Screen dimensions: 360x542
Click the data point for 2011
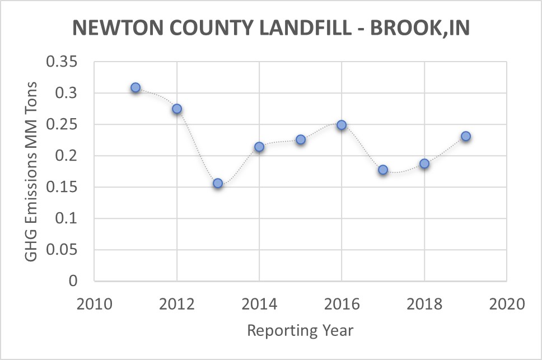tap(135, 88)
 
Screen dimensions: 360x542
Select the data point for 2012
tap(177, 109)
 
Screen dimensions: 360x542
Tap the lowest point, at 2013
tap(218, 183)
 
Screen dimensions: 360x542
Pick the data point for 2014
tap(259, 147)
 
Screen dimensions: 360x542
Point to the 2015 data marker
tap(301, 139)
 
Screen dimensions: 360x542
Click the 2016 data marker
tap(342, 125)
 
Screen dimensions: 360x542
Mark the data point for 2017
tap(383, 170)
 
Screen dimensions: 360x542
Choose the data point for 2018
tap(424, 163)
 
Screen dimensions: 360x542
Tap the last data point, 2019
tap(465, 136)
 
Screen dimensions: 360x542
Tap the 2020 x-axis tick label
tap(507, 305)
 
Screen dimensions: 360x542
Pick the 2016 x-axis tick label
tap(342, 305)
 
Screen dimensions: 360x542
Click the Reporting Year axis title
tap(301, 330)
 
